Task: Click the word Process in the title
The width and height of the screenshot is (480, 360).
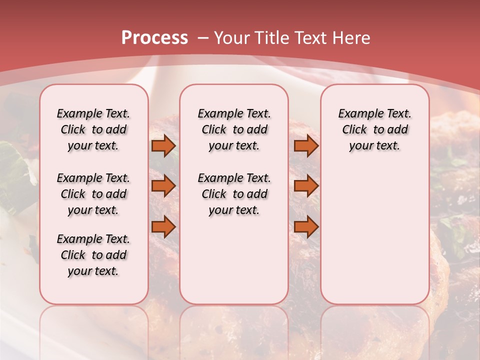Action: pos(154,38)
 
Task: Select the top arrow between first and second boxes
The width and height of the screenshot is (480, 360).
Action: pos(163,146)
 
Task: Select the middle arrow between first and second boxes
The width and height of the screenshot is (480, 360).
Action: pos(163,186)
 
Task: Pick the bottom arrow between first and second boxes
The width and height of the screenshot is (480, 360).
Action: pos(163,227)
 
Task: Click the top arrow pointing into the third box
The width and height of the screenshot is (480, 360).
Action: pos(306,146)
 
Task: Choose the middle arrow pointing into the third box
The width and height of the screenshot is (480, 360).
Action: pos(306,186)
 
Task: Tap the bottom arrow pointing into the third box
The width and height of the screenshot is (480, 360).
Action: pos(306,227)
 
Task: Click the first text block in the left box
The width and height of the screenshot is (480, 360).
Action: pos(93,129)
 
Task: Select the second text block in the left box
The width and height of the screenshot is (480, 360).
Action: pos(93,194)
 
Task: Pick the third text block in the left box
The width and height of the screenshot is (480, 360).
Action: pos(93,255)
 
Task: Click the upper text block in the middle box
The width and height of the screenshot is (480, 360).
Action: pos(234,129)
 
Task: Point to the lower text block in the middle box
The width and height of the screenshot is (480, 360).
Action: pos(234,194)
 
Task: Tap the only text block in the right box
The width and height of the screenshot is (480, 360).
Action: pos(374,129)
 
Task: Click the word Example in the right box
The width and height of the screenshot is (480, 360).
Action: pos(357,114)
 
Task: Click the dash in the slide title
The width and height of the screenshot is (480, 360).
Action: pos(203,38)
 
